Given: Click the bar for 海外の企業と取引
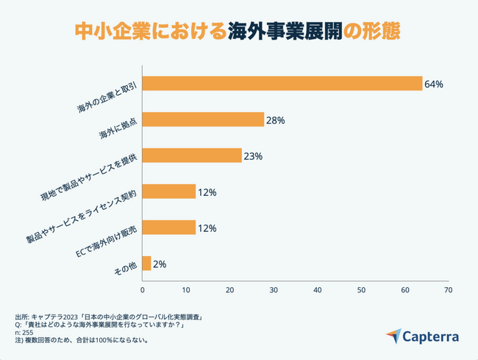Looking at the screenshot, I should [282, 84].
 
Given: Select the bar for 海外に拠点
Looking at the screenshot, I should [202, 120].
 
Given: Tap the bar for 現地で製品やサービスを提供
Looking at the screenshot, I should [191, 156].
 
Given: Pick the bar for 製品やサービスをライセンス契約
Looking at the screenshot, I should [168, 192].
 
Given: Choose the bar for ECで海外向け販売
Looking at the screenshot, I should [168, 228].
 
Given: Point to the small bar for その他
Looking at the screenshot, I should [146, 264].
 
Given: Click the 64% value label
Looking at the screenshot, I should [433, 85].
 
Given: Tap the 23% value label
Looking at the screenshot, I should [253, 157].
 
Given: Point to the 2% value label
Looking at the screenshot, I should [160, 264].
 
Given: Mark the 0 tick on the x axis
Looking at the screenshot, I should [142, 289].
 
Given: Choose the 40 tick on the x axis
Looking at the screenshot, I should [317, 289].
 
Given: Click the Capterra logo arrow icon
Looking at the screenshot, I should [394, 337].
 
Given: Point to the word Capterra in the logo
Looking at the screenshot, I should [432, 338].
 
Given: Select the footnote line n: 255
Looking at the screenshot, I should [24, 333].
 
